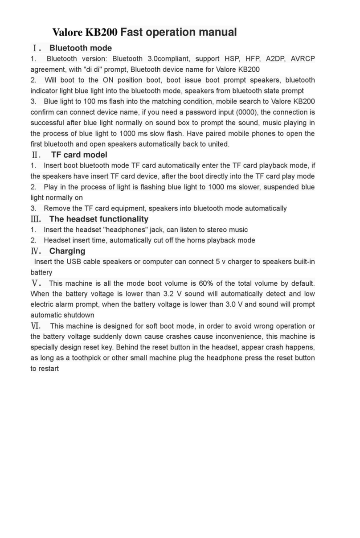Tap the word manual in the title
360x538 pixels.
pyautogui.click(x=217, y=33)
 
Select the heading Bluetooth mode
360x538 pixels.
pyautogui.click(x=80, y=48)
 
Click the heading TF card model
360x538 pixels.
pyautogui.click(x=79, y=155)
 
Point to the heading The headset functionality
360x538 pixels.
pyautogui.click(x=98, y=219)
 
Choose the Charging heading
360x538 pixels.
pyautogui.click(x=67, y=251)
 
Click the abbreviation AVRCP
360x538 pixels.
pyautogui.click(x=303, y=59)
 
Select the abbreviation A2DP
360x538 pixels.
pyautogui.click(x=276, y=59)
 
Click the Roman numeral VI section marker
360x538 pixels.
pyautogui.click(x=36, y=326)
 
